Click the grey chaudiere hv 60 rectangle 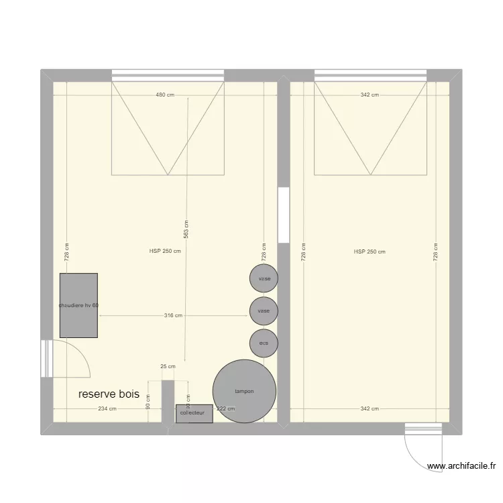(78, 305)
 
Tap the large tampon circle (244, 391)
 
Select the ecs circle (264, 343)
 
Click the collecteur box (194, 414)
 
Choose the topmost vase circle (264, 278)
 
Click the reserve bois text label (109, 394)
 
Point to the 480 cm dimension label (165, 95)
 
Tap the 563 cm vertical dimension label (186, 229)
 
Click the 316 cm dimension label (174, 316)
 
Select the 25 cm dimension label (168, 366)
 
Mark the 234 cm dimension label (107, 408)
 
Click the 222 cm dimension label (226, 408)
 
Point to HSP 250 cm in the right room (370, 252)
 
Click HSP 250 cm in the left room (165, 252)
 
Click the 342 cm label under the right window (370, 95)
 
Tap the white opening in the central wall (283, 215)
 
